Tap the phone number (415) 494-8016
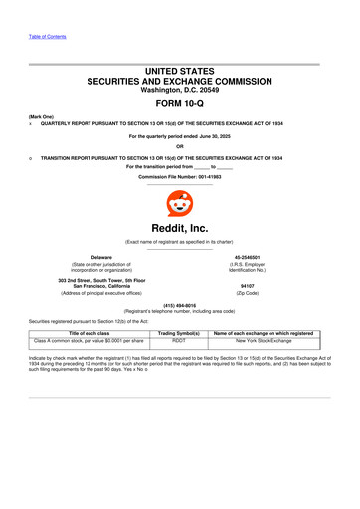point(180,307)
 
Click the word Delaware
point(94,256)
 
